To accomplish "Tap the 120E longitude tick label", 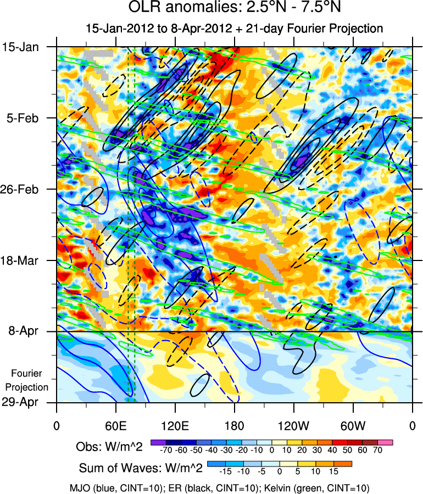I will coord(175,425).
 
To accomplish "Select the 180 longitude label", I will coord(235,425).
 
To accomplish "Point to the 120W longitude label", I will coord(293,425).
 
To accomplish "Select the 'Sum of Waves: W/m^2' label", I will coord(141,468).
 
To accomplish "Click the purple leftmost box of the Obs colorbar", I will coord(157,442).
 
